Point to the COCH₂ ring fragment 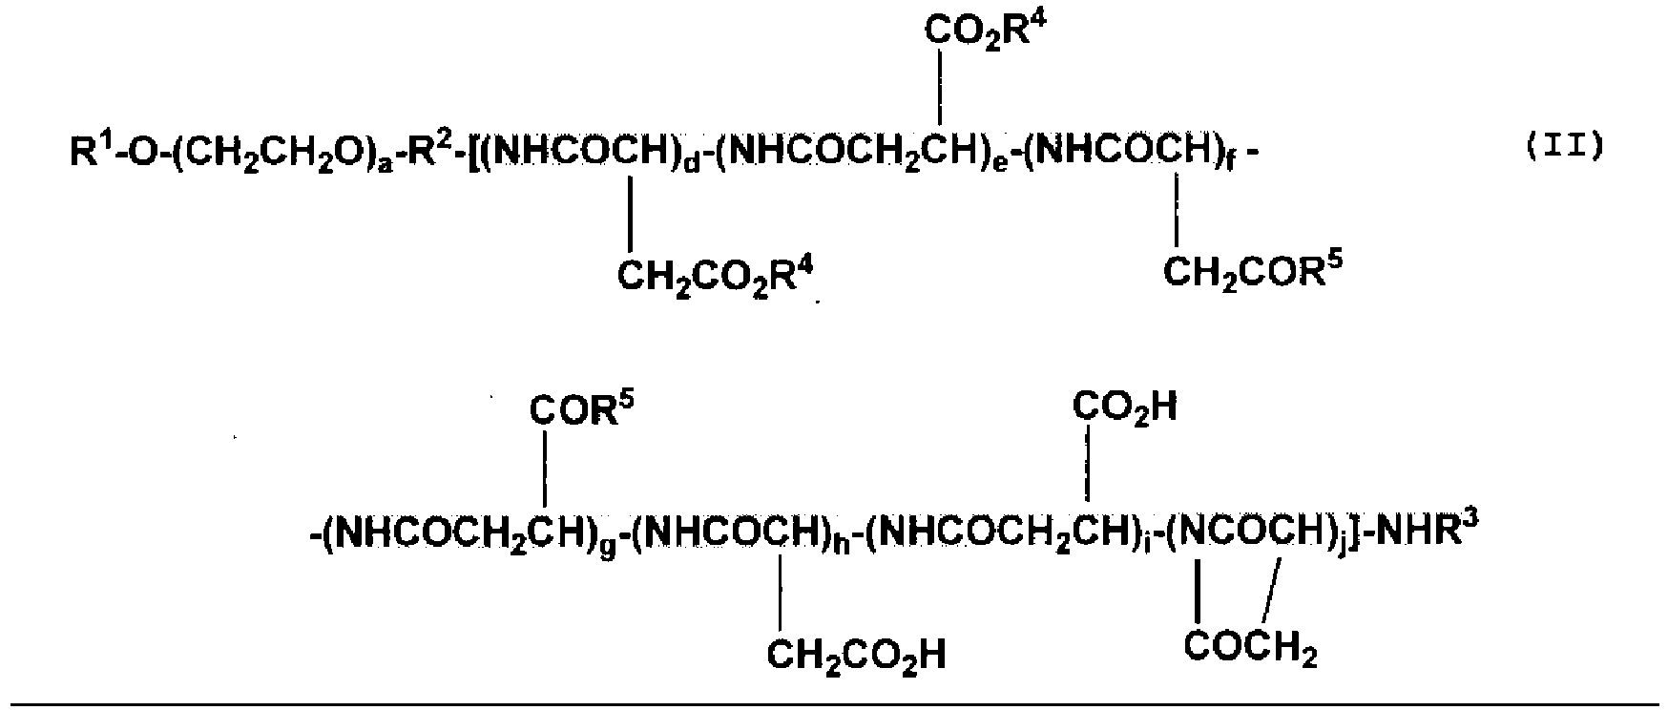pos(1250,647)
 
